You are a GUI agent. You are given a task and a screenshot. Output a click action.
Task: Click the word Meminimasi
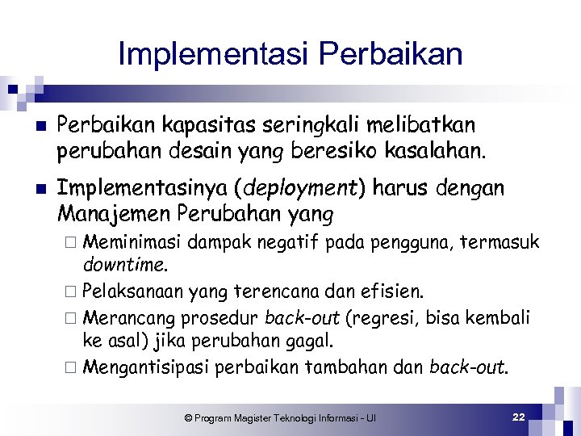[134, 242]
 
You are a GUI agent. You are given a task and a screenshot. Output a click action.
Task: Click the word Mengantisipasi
[145, 367]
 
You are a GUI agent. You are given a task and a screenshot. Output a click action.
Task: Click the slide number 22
[519, 417]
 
